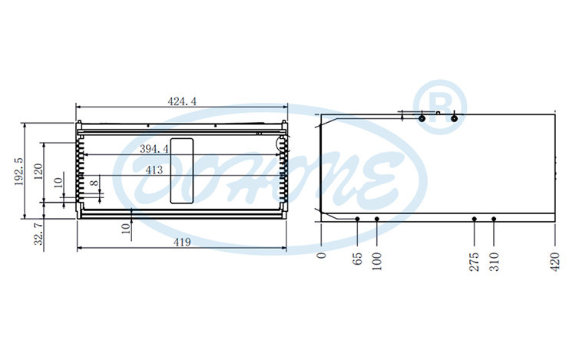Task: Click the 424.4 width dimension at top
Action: pos(182,101)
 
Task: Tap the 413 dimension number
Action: pos(154,170)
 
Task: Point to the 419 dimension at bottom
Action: pos(181,243)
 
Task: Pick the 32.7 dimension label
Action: pos(38,233)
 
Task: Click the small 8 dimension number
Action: pos(94,183)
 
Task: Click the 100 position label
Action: pos(376,260)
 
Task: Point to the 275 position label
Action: pos(474,260)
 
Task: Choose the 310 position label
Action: pos(494,260)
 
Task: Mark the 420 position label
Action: pos(555,260)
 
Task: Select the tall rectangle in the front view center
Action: pos(181,170)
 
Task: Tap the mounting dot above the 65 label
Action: pos(357,219)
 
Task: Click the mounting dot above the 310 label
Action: pos(494,219)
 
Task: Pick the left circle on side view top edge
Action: pos(421,118)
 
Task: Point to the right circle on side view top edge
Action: pos(454,118)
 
